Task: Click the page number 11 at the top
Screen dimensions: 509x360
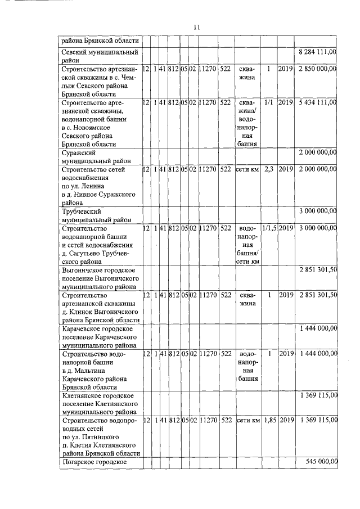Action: coord(196,27)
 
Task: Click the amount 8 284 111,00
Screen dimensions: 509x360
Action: coord(317,52)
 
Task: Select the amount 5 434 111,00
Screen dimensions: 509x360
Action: coord(317,102)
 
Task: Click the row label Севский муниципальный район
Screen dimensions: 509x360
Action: coord(100,56)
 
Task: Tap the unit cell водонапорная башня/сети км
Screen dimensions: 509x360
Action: coord(247,245)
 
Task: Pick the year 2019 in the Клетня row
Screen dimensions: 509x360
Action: coord(286,420)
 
